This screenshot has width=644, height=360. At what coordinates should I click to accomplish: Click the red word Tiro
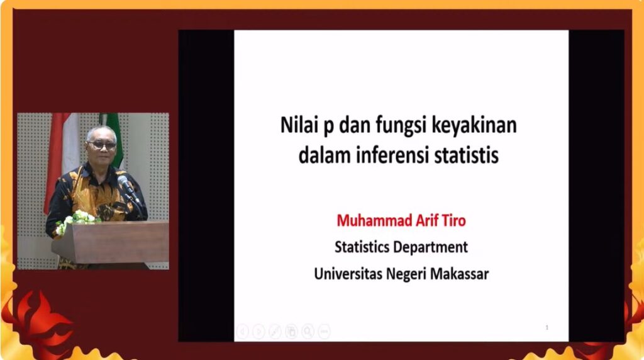click(453, 221)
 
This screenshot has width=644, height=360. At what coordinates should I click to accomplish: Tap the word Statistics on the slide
click(362, 247)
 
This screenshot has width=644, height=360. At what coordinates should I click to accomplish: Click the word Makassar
click(459, 274)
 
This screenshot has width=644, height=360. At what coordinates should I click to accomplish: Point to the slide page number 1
click(547, 327)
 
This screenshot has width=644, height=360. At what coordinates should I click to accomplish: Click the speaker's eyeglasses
click(102, 145)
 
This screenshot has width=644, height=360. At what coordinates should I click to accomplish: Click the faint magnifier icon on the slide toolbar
click(308, 331)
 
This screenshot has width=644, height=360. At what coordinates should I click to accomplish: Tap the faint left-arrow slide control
click(242, 331)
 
